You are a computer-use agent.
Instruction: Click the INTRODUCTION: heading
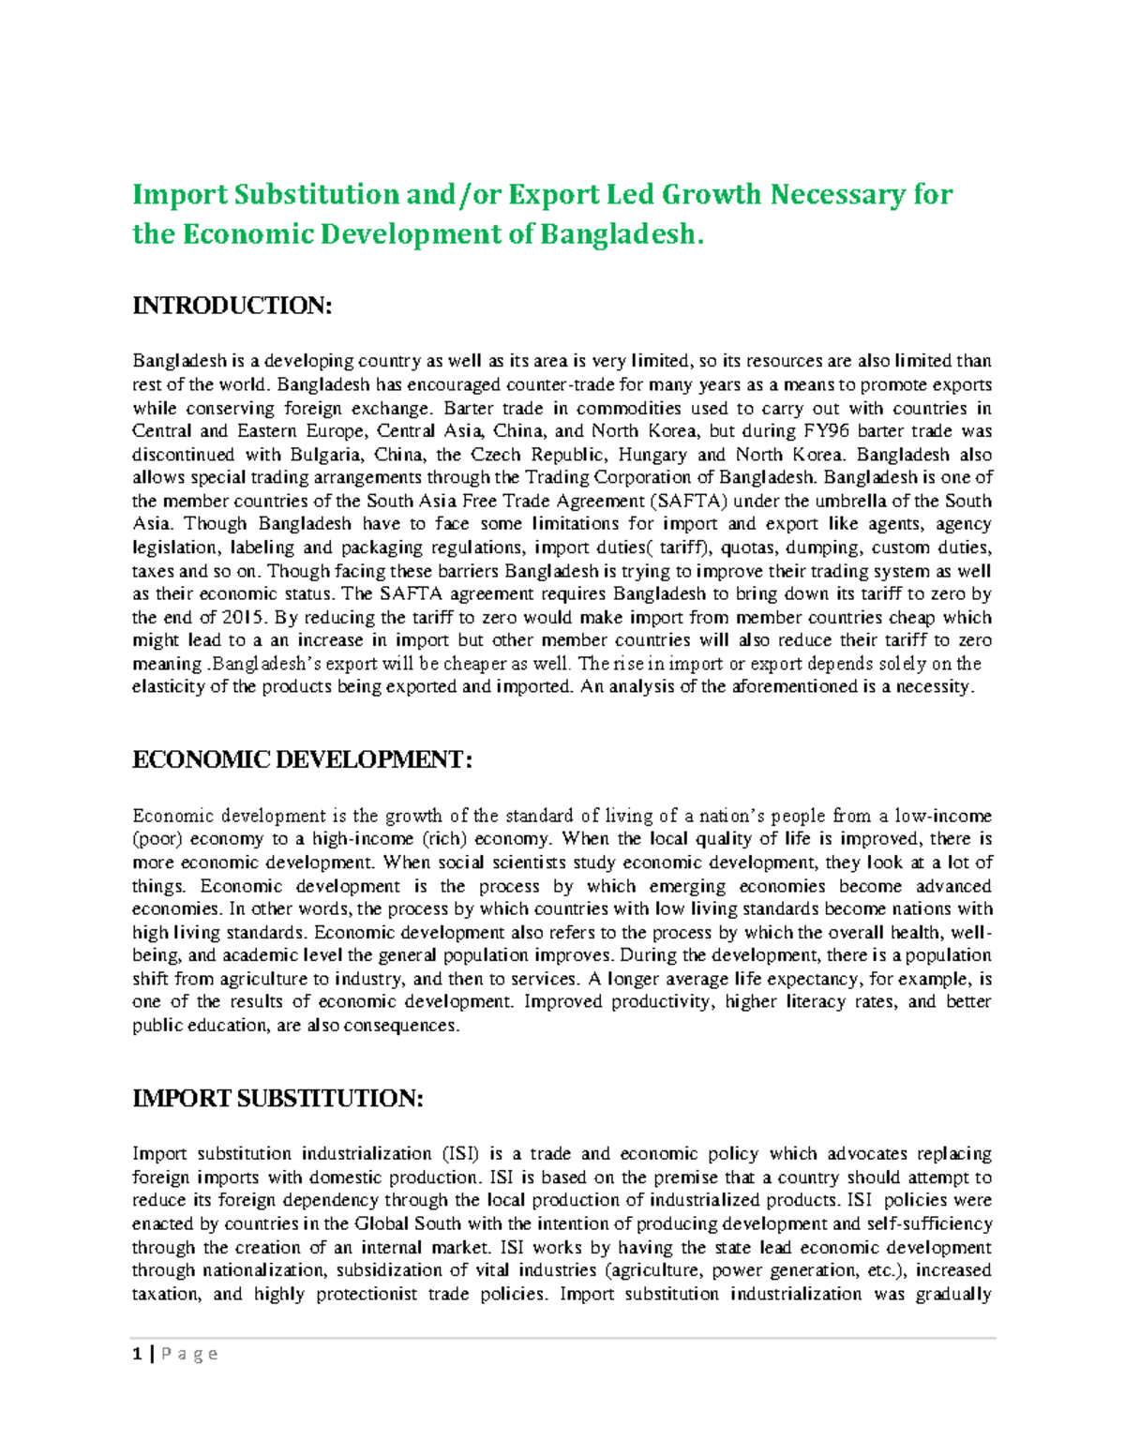[x=232, y=307]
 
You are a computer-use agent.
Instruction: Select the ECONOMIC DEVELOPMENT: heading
[x=302, y=759]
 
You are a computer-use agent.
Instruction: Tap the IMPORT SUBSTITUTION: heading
[x=277, y=1099]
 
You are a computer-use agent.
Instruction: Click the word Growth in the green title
[x=712, y=194]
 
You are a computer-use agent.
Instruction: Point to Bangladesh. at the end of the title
[x=621, y=233]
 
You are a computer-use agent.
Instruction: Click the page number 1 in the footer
[x=138, y=1354]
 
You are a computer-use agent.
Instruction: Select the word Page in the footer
[x=190, y=1354]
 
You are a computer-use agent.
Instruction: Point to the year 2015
[x=245, y=617]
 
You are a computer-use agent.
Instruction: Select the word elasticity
[x=170, y=686]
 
